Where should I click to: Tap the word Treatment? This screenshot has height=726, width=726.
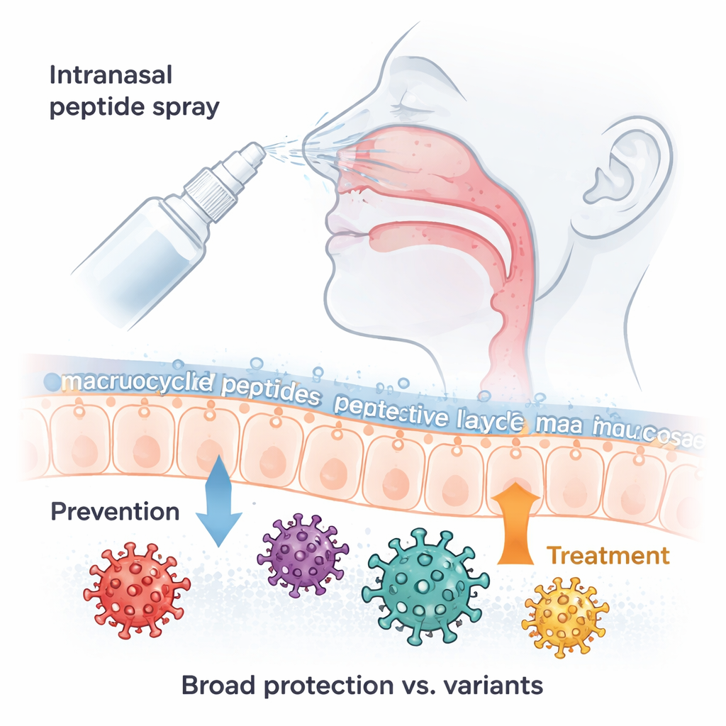coord(609,555)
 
